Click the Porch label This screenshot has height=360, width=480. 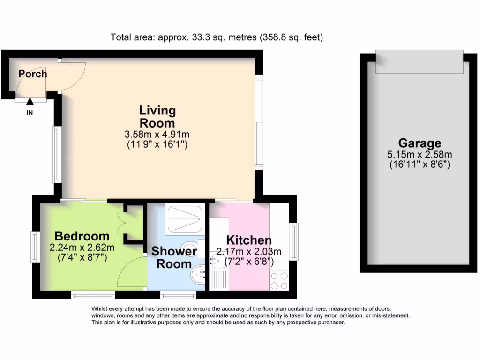[x=33, y=74]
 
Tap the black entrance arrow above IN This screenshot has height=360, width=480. [x=30, y=100]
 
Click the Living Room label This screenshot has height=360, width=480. [x=157, y=117]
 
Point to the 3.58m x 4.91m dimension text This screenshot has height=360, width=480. [x=157, y=135]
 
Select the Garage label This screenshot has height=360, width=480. [x=420, y=143]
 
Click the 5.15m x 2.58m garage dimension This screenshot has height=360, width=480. [x=420, y=154]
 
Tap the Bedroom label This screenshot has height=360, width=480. [x=82, y=236]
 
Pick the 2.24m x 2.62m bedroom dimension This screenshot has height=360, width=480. [x=82, y=247]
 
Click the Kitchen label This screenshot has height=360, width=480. [x=248, y=240]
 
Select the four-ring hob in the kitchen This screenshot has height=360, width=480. [x=279, y=281]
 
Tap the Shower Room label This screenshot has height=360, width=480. [x=173, y=257]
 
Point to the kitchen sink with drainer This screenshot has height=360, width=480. [x=218, y=271]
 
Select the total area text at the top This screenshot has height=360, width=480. [x=217, y=37]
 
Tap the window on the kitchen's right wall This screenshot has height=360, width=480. [x=294, y=241]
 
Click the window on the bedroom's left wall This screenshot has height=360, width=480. [x=35, y=247]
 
